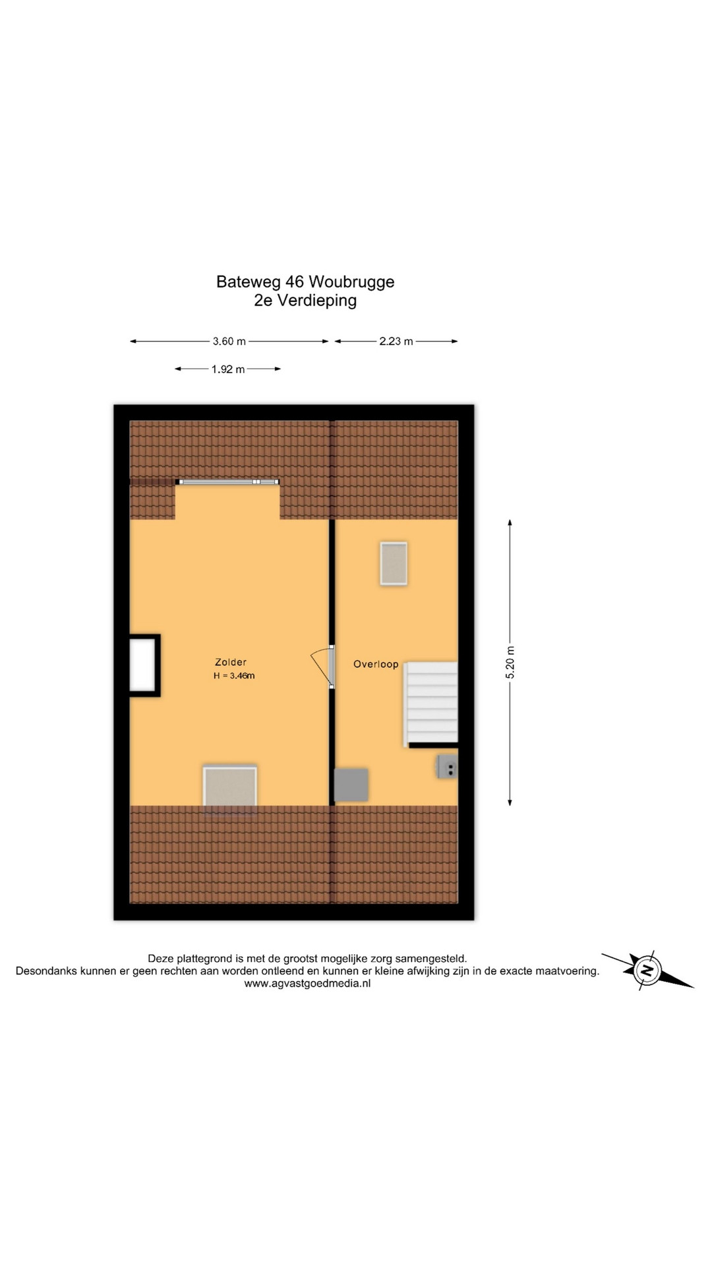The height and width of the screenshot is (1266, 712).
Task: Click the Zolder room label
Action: pyautogui.click(x=231, y=662)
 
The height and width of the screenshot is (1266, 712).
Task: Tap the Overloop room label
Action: pyautogui.click(x=376, y=664)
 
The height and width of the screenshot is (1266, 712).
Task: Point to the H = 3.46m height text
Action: pyautogui.click(x=234, y=676)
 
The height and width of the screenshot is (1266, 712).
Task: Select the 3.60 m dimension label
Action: pyautogui.click(x=229, y=342)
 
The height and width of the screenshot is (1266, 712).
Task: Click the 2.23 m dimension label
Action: pyautogui.click(x=396, y=342)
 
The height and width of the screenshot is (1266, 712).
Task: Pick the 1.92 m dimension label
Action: pyautogui.click(x=228, y=369)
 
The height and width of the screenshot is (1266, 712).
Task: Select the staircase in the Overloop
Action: pyautogui.click(x=431, y=704)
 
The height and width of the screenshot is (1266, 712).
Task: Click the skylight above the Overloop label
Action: pyautogui.click(x=394, y=564)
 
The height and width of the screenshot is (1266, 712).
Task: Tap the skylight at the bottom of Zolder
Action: pyautogui.click(x=230, y=787)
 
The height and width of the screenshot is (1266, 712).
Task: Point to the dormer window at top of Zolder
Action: pyautogui.click(x=227, y=482)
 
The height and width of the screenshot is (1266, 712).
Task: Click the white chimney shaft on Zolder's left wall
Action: pyautogui.click(x=144, y=665)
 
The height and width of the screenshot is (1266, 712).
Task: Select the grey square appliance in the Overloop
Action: pyautogui.click(x=351, y=785)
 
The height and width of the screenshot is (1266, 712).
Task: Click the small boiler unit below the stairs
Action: pyautogui.click(x=447, y=767)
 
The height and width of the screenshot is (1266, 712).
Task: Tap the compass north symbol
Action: pyautogui.click(x=647, y=971)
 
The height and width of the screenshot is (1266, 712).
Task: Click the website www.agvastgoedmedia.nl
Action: pyautogui.click(x=307, y=983)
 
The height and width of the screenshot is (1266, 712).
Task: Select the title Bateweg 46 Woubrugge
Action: pyautogui.click(x=305, y=282)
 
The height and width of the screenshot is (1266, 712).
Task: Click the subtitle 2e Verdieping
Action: pyautogui.click(x=305, y=301)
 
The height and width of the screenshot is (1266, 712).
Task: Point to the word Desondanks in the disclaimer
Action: pyautogui.click(x=47, y=971)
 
